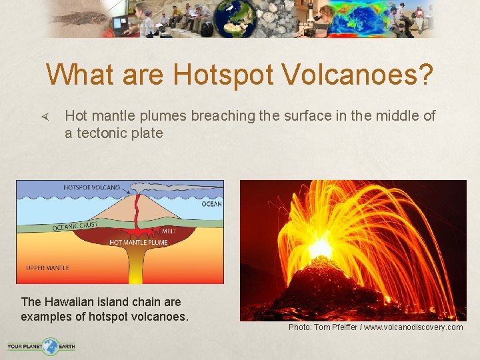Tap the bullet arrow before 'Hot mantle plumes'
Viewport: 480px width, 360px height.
tap(45, 117)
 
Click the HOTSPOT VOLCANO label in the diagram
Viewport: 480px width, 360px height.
tap(91, 187)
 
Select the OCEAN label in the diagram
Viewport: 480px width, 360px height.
tap(211, 204)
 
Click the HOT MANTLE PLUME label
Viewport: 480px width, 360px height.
tap(138, 242)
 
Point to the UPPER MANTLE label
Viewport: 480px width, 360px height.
tap(47, 267)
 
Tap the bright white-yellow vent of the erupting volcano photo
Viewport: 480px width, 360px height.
tap(320, 248)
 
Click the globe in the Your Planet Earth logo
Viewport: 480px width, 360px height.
tap(49, 346)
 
